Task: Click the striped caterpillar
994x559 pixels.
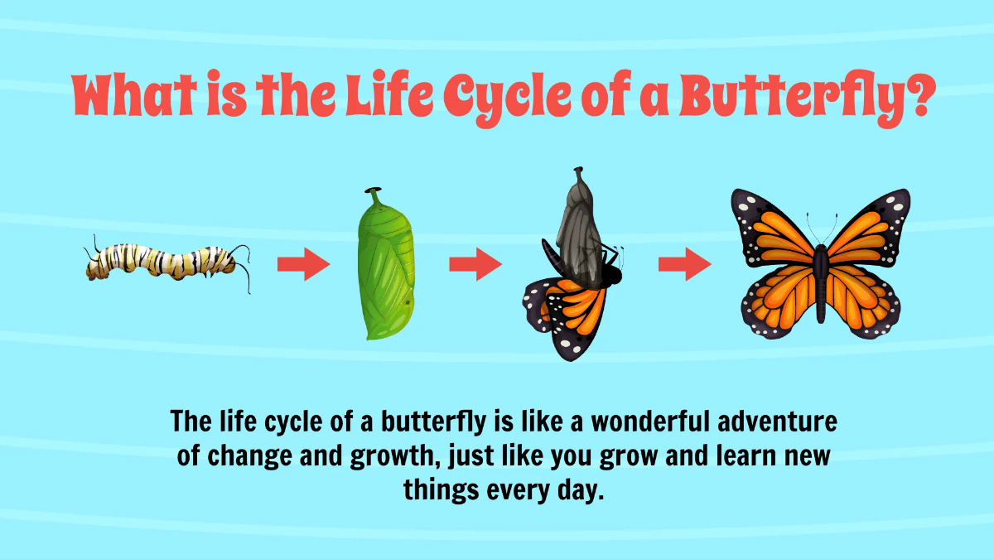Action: pos(166,263)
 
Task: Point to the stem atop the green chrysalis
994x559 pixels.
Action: pos(374,197)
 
